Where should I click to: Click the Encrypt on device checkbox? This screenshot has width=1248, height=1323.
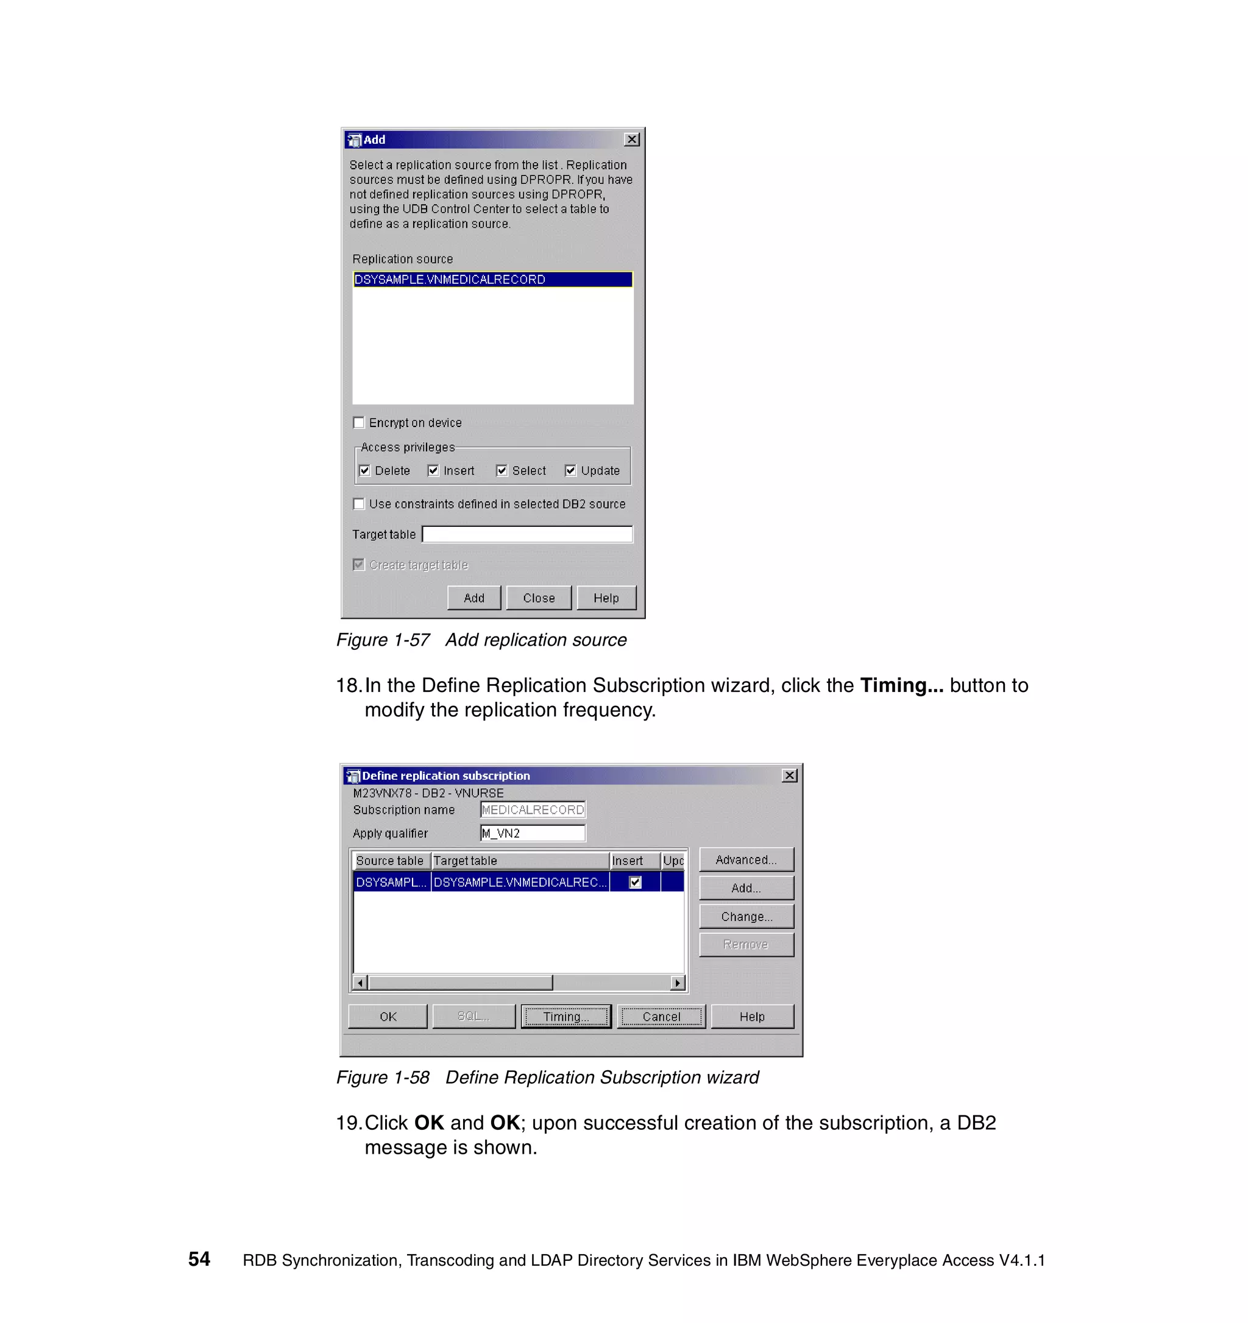[x=359, y=423]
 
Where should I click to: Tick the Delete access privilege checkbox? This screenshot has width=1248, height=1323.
[x=365, y=470]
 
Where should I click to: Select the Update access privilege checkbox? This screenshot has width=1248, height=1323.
[x=570, y=470]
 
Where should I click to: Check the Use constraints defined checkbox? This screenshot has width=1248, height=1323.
[x=359, y=504]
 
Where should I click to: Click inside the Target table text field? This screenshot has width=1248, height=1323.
[x=527, y=534]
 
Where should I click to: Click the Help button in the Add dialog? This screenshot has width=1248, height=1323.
[x=606, y=598]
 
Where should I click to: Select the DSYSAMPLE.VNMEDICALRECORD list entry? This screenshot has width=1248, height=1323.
[x=492, y=280]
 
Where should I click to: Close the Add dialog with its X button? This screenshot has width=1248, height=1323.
[x=632, y=139]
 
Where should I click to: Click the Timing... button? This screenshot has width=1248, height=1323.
[x=565, y=1016]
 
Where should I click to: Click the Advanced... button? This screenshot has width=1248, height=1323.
[x=746, y=860]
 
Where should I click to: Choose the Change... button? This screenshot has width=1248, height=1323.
[x=746, y=916]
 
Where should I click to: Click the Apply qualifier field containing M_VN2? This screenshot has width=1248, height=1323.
[x=533, y=833]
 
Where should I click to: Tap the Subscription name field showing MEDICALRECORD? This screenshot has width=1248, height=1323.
[x=533, y=810]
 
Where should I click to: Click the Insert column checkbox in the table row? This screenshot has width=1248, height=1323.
[x=636, y=883]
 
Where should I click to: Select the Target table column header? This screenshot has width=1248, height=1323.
[x=520, y=861]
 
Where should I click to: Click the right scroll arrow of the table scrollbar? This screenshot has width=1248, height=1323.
[x=678, y=983]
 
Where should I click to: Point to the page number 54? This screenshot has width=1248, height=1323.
[x=199, y=1259]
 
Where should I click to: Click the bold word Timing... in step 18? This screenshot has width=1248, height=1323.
[x=901, y=685]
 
